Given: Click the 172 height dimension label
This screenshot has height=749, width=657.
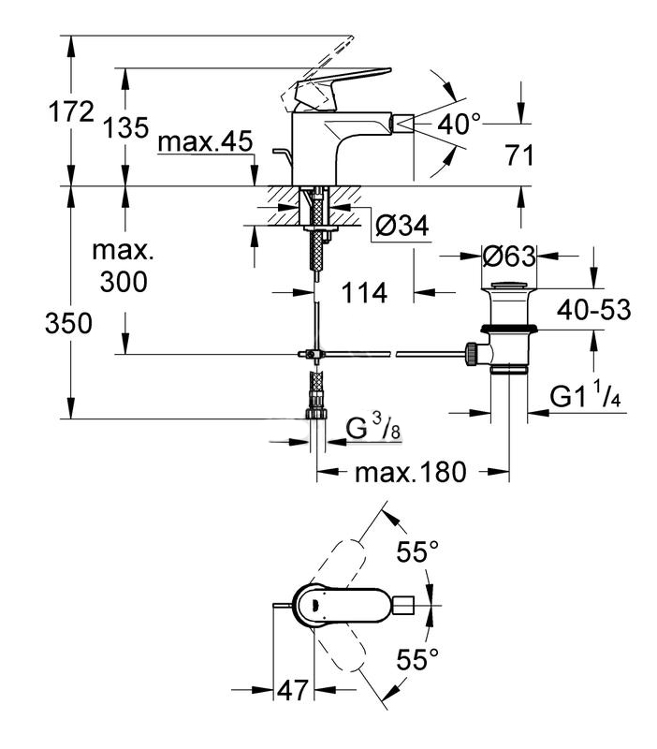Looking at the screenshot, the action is pos(72,112).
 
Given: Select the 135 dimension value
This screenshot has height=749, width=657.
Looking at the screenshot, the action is pos(126,127).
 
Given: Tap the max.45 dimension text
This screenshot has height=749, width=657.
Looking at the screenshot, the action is pos(205,141).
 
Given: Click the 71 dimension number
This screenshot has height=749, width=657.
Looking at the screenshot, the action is pos(519,155).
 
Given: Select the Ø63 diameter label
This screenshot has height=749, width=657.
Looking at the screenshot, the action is pos(509,257).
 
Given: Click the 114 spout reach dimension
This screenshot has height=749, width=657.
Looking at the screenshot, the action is pos(364,292).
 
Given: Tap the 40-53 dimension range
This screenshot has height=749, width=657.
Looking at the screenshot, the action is pos(594,310).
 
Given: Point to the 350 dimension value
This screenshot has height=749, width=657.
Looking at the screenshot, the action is pos(68,323).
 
